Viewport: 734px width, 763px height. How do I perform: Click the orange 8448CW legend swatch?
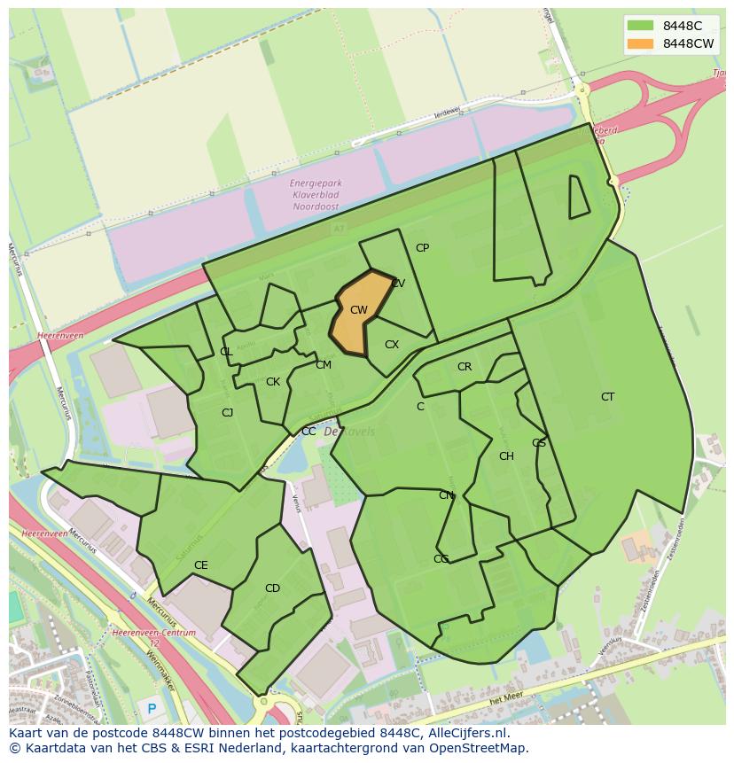[x=639, y=43]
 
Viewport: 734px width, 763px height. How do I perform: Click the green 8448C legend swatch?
[x=639, y=25]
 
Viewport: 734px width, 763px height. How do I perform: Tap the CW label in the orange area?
[x=358, y=310]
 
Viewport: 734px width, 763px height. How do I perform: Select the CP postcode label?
[x=422, y=248]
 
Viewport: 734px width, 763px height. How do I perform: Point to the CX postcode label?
[x=392, y=345]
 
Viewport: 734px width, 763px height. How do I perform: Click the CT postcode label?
[x=607, y=397]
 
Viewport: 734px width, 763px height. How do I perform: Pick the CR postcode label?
[x=465, y=367]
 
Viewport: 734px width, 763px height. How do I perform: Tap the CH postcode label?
[x=506, y=456]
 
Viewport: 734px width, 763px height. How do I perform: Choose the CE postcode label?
[x=201, y=565]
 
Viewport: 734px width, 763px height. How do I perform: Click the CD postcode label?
[x=272, y=588]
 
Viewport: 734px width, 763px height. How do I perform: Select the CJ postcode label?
[x=227, y=412]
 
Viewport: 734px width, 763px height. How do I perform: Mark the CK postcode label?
[x=273, y=382]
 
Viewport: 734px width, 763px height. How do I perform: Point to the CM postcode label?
[x=324, y=365]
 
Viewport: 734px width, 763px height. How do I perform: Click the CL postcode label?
[x=226, y=352]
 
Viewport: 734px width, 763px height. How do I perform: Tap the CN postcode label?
[x=446, y=495]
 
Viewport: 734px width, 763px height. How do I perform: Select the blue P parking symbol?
[x=152, y=708]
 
